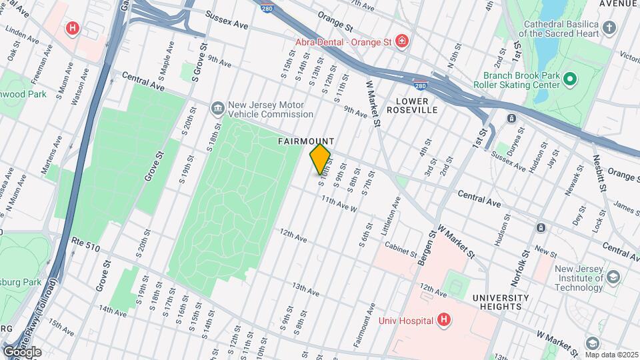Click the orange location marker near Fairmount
(x=320, y=159)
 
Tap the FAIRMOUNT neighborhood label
(x=306, y=141)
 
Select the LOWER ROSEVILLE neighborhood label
(x=416, y=105)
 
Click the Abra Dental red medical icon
(x=402, y=42)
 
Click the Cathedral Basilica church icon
(x=609, y=27)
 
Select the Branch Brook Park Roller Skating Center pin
(x=569, y=80)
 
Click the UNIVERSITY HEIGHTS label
(x=501, y=302)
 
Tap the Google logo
(x=22, y=351)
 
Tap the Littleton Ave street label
(x=393, y=214)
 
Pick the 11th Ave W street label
(x=339, y=203)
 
